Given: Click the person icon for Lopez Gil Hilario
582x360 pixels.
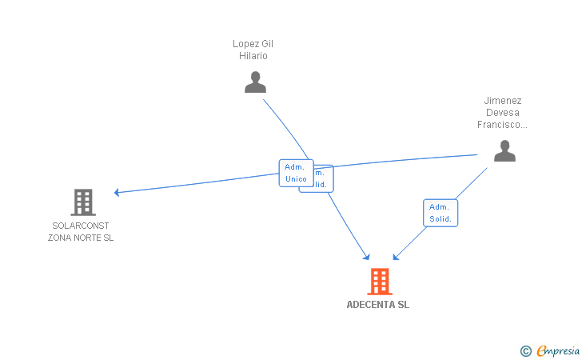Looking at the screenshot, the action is click(x=255, y=82).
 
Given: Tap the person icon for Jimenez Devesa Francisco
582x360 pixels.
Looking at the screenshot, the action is click(x=504, y=150).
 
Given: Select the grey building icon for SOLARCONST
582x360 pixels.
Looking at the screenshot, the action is click(x=83, y=202).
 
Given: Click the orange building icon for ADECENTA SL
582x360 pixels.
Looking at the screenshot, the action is click(x=380, y=282).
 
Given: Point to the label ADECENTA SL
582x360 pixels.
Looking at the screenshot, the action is click(x=378, y=305).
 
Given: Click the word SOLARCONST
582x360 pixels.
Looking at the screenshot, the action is click(x=81, y=226).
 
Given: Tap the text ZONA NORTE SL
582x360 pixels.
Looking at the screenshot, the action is click(x=81, y=238).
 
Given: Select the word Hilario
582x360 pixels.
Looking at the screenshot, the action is click(x=253, y=56).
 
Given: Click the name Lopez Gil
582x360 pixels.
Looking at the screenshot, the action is click(x=253, y=44).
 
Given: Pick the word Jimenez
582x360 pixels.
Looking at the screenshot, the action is click(x=503, y=101).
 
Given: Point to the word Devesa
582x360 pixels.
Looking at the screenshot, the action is click(x=503, y=113).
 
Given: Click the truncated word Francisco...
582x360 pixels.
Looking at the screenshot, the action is click(x=503, y=125).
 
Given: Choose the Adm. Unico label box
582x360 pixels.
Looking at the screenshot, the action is click(x=295, y=173).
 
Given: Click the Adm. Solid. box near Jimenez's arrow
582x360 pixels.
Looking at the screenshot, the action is click(x=440, y=213).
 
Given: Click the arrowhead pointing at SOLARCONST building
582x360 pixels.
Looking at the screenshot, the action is click(x=117, y=192).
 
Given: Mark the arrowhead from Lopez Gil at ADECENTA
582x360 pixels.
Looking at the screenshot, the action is click(x=367, y=257).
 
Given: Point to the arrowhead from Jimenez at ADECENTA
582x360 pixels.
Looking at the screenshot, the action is click(x=396, y=257).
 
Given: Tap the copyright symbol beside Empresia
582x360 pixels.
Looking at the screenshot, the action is click(x=525, y=350).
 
